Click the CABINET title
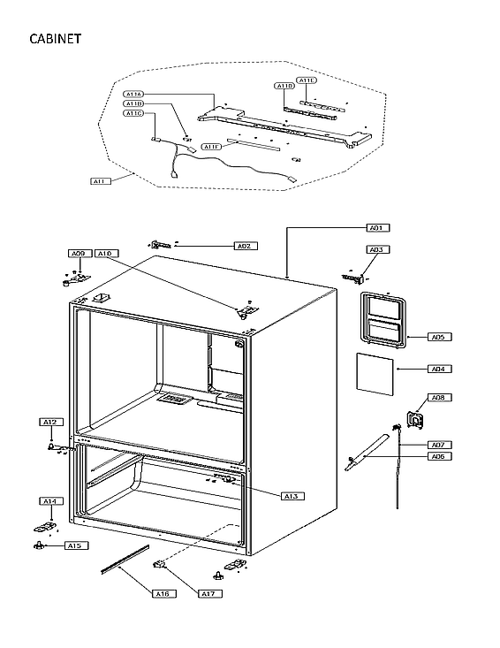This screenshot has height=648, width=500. [x=56, y=39]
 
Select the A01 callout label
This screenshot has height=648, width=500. [x=377, y=228]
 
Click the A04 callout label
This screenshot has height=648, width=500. [x=436, y=369]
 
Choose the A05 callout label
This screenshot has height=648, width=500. [x=436, y=337]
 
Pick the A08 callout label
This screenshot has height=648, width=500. [x=439, y=398]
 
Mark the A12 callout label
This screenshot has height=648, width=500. [x=51, y=423]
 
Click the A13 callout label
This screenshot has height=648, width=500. [x=292, y=496]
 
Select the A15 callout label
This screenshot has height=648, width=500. [x=76, y=545]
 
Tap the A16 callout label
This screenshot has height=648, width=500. [x=162, y=593]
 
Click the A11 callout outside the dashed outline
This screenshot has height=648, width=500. [x=101, y=181]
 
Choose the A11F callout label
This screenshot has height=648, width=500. [x=211, y=147]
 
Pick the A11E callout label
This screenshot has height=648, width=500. [x=307, y=80]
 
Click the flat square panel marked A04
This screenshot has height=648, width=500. [x=375, y=370]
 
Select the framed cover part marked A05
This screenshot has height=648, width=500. [x=385, y=317]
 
